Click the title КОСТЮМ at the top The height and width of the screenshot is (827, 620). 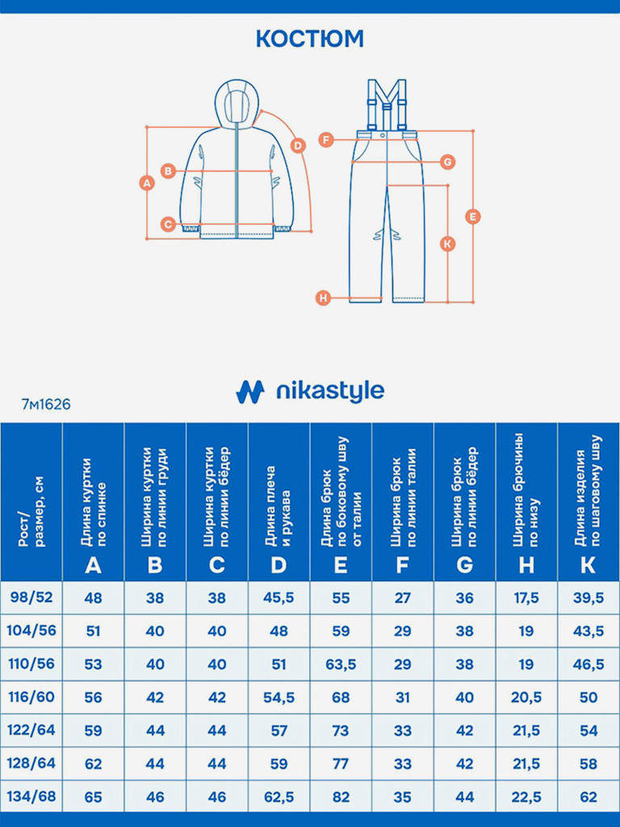click(x=310, y=38)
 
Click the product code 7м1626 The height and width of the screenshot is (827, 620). click(x=46, y=405)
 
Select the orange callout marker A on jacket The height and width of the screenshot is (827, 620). click(x=146, y=183)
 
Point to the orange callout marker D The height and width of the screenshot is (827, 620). click(x=298, y=145)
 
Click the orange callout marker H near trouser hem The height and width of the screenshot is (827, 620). click(x=323, y=298)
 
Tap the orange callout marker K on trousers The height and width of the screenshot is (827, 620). click(x=449, y=243)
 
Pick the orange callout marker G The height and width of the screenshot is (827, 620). click(x=448, y=162)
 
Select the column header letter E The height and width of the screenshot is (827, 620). click(x=341, y=565)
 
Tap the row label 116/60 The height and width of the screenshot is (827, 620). click(x=31, y=696)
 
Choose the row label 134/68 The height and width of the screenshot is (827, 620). click(x=31, y=796)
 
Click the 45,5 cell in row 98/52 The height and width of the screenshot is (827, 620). click(x=279, y=598)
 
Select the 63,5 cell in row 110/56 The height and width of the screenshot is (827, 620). click(x=341, y=664)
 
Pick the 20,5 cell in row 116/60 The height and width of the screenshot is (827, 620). click(x=526, y=697)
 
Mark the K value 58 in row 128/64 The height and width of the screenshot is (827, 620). click(x=589, y=763)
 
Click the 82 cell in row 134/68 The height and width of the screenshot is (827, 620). click(x=341, y=796)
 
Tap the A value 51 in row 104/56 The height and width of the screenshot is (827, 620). click(x=94, y=631)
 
